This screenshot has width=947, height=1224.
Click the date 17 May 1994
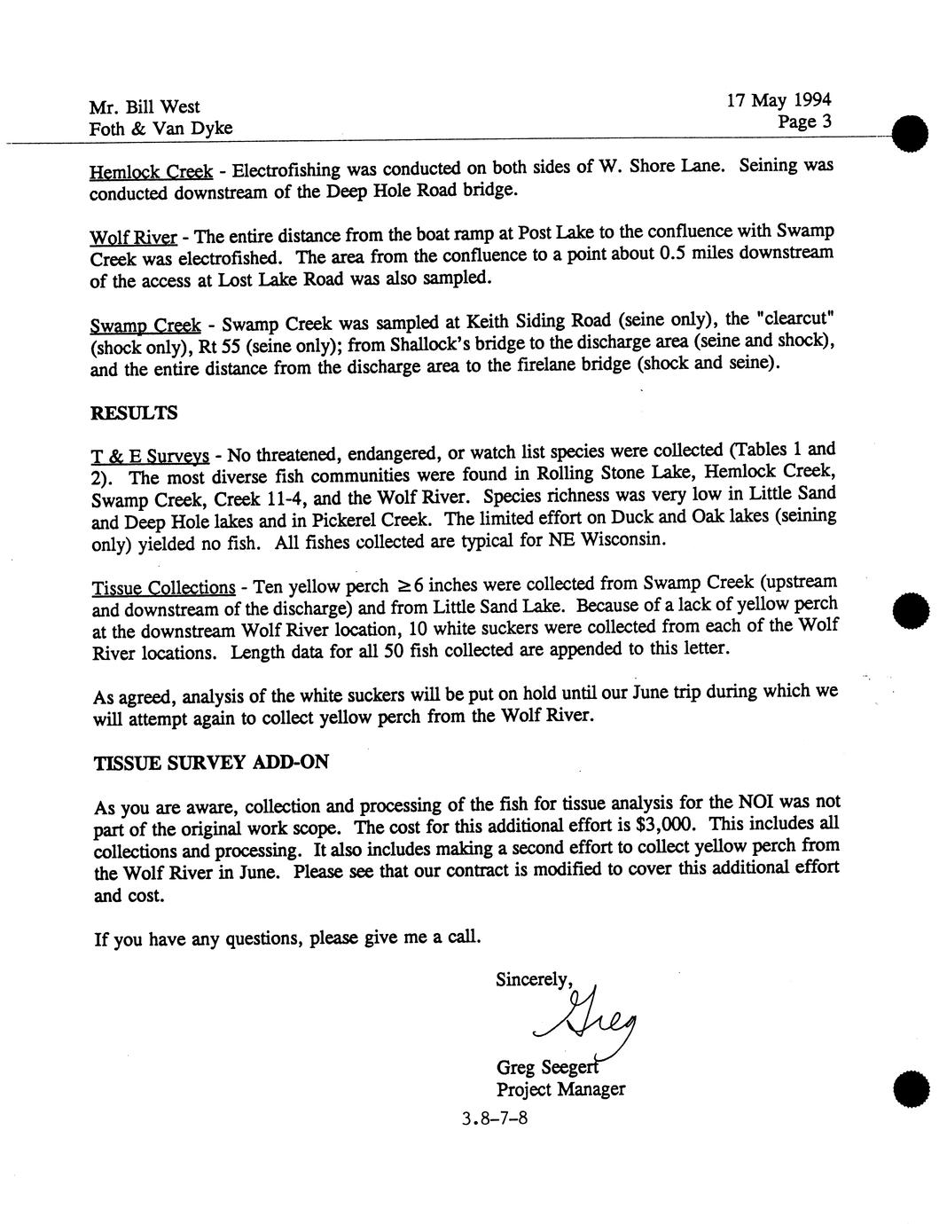point(779,100)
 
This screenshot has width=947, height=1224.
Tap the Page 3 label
point(804,122)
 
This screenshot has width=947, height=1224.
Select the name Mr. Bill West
point(145,107)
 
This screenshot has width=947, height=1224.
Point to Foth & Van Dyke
point(160,129)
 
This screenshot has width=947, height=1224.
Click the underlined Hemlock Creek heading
point(151,171)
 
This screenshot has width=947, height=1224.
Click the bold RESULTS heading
point(134,413)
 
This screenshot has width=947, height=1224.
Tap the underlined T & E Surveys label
point(150,457)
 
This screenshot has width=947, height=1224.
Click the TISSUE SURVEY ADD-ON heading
point(211,763)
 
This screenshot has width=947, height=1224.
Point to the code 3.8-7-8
point(495,1118)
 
